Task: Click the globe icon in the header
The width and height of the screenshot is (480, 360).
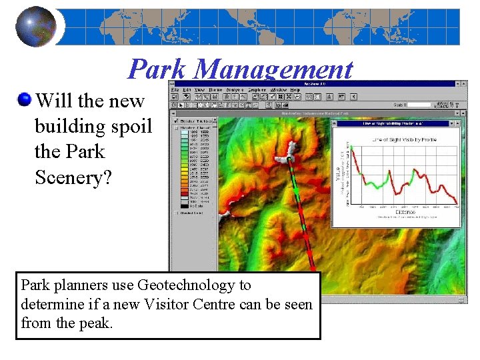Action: (x=36, y=27)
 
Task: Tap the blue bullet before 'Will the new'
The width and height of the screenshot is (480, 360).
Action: (x=25, y=100)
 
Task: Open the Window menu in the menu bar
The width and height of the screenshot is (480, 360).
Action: (x=279, y=90)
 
